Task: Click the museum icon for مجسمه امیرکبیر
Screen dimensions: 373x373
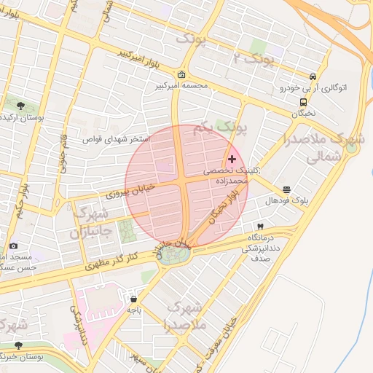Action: pos(181,74)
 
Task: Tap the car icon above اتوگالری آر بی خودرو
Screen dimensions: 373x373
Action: pos(313,76)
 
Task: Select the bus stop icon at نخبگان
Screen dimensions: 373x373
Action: pos(303,103)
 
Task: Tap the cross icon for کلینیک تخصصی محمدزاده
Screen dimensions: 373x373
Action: pos(232,159)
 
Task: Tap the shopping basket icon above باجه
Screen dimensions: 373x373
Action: pos(133,298)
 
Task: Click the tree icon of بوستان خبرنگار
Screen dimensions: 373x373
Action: pos(19,345)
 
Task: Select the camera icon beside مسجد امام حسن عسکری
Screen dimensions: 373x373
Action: pos(13,246)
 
